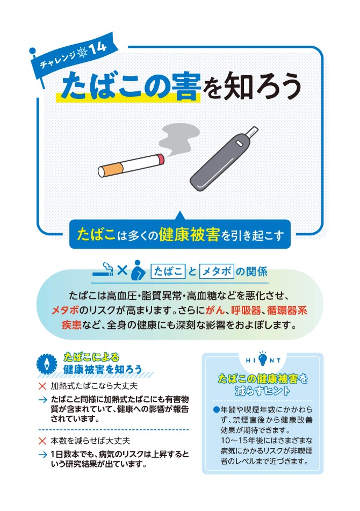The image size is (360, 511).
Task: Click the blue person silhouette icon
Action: pos(138,270)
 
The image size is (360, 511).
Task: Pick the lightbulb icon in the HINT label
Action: pos(263,357)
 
